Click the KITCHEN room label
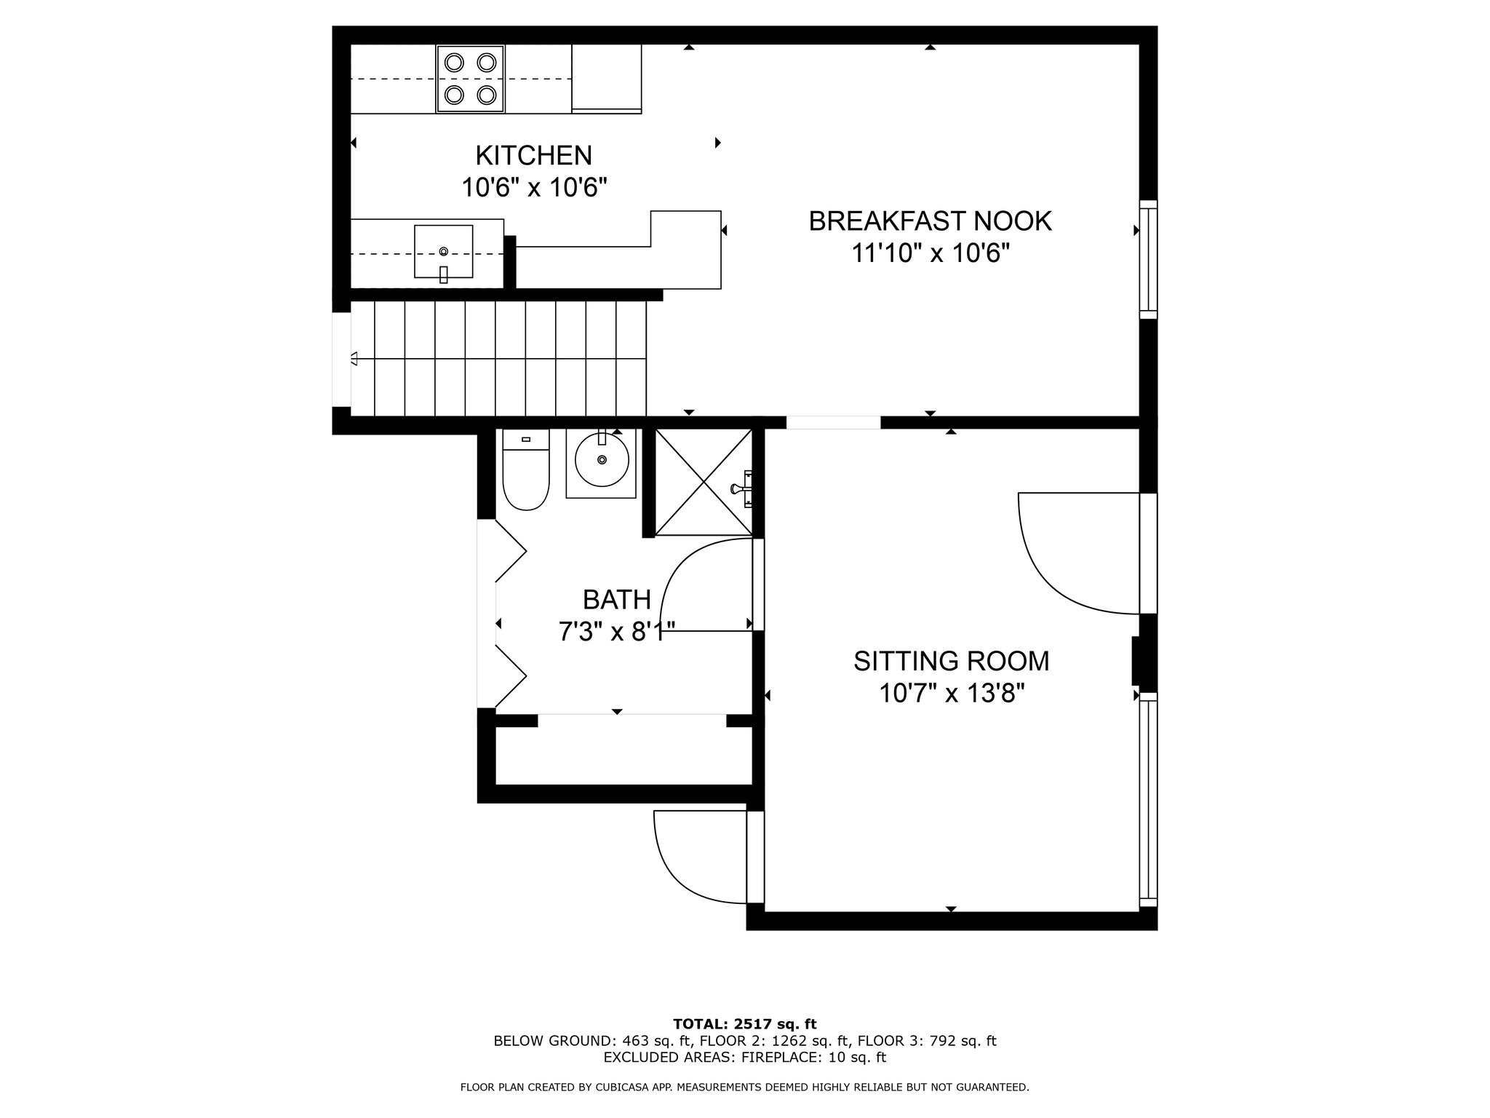pyautogui.click(x=533, y=155)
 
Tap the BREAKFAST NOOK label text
pyautogui.click(x=930, y=221)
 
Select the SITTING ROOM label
pyautogui.click(x=951, y=661)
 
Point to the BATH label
pyautogui.click(x=616, y=599)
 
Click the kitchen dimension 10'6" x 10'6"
pyautogui.click(x=533, y=188)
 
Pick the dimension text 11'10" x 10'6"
pyautogui.click(x=930, y=253)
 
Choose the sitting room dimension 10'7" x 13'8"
pyautogui.click(x=951, y=694)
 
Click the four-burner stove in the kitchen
pyautogui.click(x=470, y=79)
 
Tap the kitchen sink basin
pyautogui.click(x=443, y=251)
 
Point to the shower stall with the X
pyautogui.click(x=704, y=482)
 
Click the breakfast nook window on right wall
pyautogui.click(x=1147, y=259)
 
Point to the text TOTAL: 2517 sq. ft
pyautogui.click(x=744, y=1025)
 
